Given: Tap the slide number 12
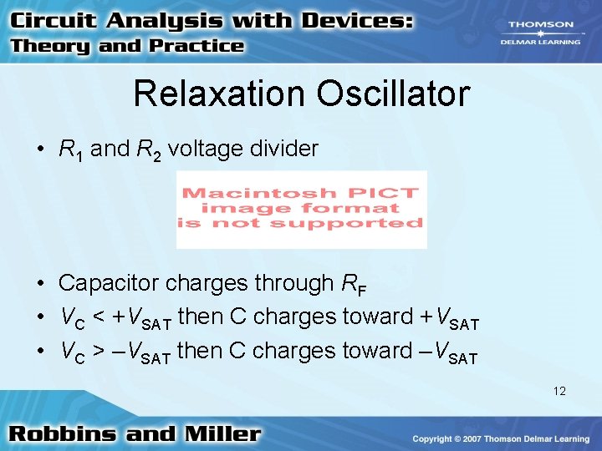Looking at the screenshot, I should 559,390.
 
